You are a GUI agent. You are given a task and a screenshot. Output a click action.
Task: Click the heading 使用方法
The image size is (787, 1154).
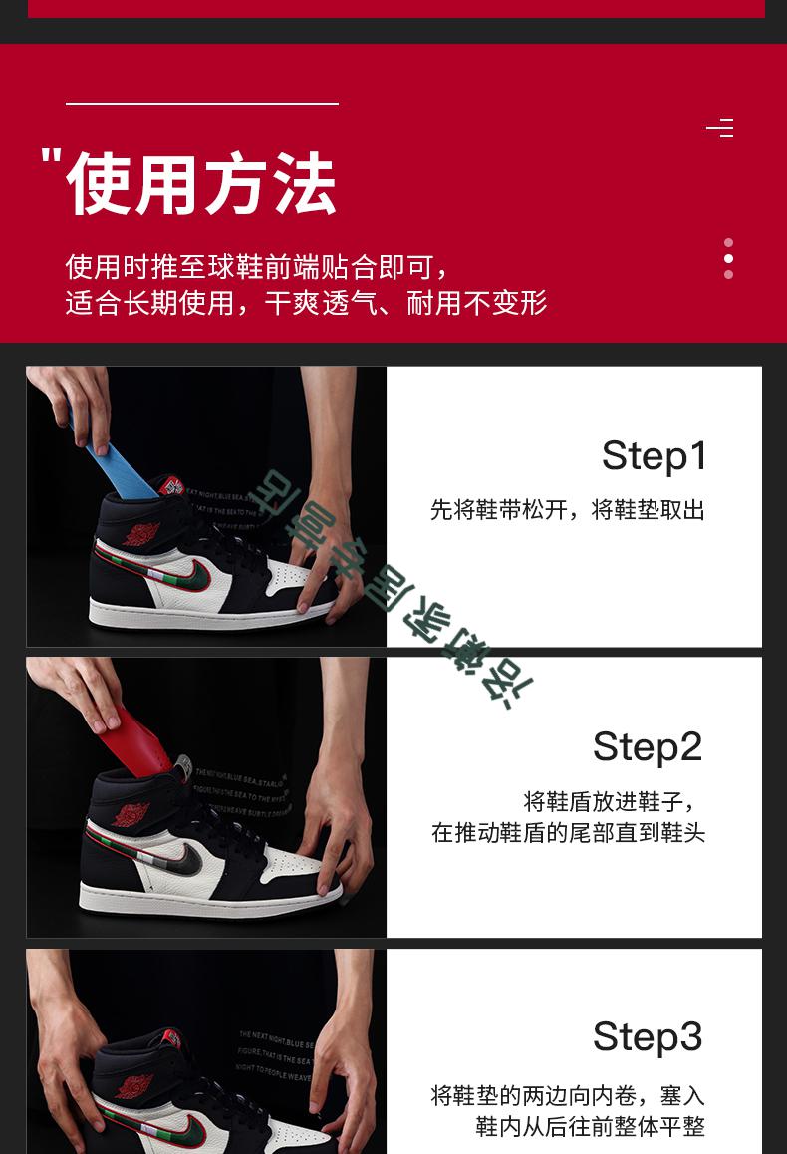tap(201, 184)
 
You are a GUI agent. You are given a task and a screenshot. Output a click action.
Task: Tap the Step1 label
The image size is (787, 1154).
tap(654, 456)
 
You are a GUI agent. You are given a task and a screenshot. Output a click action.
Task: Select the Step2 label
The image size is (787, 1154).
tap(648, 746)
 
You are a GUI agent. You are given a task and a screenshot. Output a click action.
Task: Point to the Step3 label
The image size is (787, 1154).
tap(648, 1036)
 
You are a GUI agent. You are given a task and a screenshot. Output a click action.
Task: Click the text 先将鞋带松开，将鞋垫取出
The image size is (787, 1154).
tap(568, 510)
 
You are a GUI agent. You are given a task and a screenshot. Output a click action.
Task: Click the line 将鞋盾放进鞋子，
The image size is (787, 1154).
tap(610, 801)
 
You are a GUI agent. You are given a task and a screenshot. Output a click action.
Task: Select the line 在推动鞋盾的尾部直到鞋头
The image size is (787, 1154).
tap(568, 832)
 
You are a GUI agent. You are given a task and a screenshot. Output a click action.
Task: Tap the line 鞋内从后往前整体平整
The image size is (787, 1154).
tap(590, 1127)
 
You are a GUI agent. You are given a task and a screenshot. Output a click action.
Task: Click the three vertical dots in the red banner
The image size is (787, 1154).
tap(728, 259)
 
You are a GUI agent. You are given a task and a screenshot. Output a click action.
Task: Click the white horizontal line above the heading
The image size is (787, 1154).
tap(202, 103)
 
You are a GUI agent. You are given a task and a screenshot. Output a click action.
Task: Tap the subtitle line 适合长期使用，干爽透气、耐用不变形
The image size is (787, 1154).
tap(307, 303)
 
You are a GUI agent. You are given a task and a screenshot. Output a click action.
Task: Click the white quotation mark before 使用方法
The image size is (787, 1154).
tap(52, 159)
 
